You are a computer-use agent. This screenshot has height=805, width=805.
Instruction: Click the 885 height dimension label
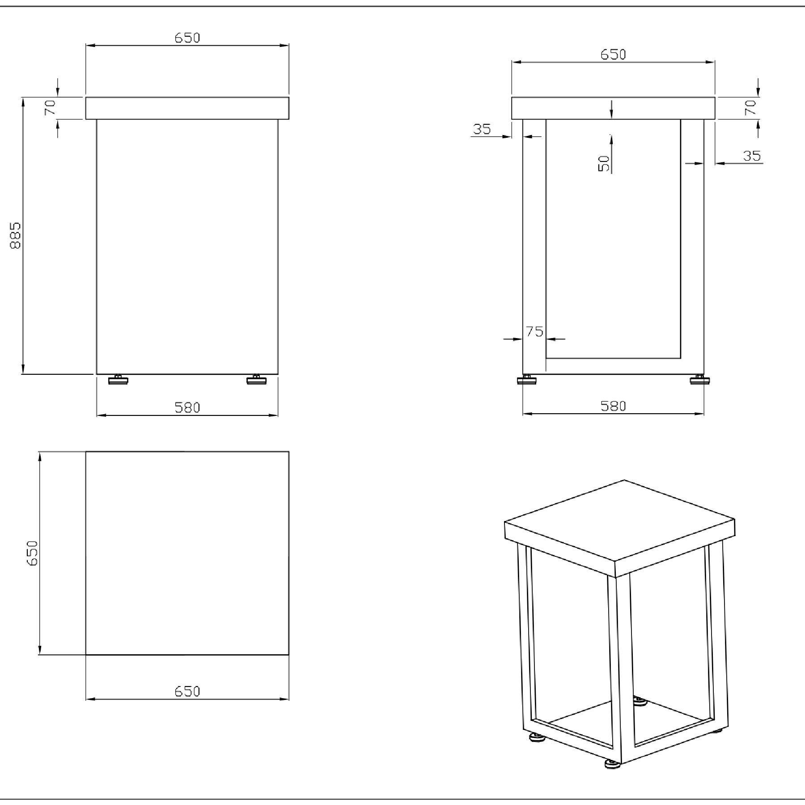coord(16,235)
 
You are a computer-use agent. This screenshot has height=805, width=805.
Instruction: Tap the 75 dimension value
coord(534,331)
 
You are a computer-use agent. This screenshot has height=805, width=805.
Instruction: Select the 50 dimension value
coord(604,163)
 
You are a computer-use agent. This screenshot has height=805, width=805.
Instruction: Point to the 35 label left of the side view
coord(482,129)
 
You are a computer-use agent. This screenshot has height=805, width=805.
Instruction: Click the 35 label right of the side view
coord(752,156)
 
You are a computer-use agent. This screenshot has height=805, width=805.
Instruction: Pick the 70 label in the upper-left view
coord(50,107)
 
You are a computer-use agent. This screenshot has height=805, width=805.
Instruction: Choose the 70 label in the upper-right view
coord(750,107)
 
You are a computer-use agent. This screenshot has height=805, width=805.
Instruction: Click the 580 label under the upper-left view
coord(187,407)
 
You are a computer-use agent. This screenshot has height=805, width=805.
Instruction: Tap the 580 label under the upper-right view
coord(613,406)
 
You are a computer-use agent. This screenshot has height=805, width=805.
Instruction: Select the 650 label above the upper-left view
coord(187,38)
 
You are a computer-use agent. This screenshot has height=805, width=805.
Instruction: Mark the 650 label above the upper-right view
coord(613,55)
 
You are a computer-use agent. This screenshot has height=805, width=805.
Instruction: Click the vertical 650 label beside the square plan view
coord(33,553)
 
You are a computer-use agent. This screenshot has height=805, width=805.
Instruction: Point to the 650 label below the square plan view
coord(187,691)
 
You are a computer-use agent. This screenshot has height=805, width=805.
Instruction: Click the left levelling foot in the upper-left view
coord(119,380)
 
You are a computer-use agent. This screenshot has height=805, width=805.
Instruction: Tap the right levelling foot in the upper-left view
coord(256,380)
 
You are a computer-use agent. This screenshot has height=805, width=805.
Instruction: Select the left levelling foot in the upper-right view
coord(527,380)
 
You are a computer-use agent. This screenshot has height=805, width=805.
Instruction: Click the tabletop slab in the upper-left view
coord(187,108)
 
